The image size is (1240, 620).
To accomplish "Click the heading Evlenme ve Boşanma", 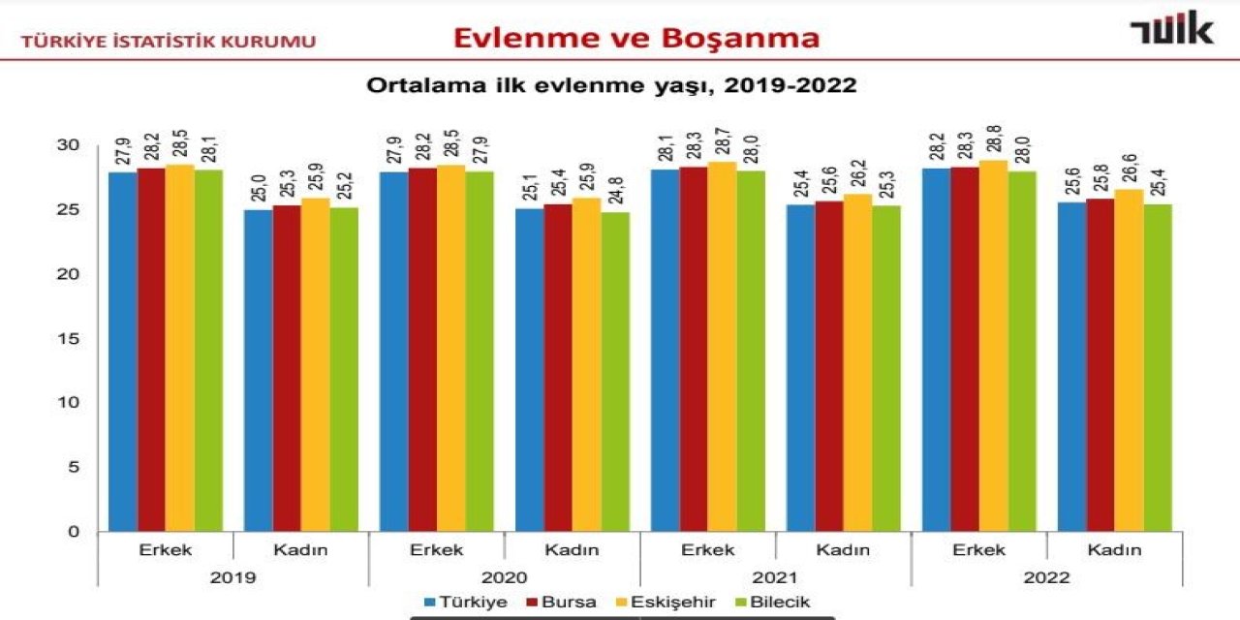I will (636, 38).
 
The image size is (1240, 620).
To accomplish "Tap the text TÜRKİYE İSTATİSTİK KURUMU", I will (169, 42).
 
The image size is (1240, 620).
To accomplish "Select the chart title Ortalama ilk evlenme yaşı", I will (610, 85).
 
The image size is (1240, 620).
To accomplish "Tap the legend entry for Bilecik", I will (775, 603).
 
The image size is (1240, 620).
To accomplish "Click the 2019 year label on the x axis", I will (232, 577).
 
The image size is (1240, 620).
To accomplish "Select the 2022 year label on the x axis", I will (1046, 577).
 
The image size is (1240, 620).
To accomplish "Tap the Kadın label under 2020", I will (572, 550).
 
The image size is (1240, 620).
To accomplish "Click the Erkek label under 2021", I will (707, 550).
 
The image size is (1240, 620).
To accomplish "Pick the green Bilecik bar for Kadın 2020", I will (615, 372).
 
